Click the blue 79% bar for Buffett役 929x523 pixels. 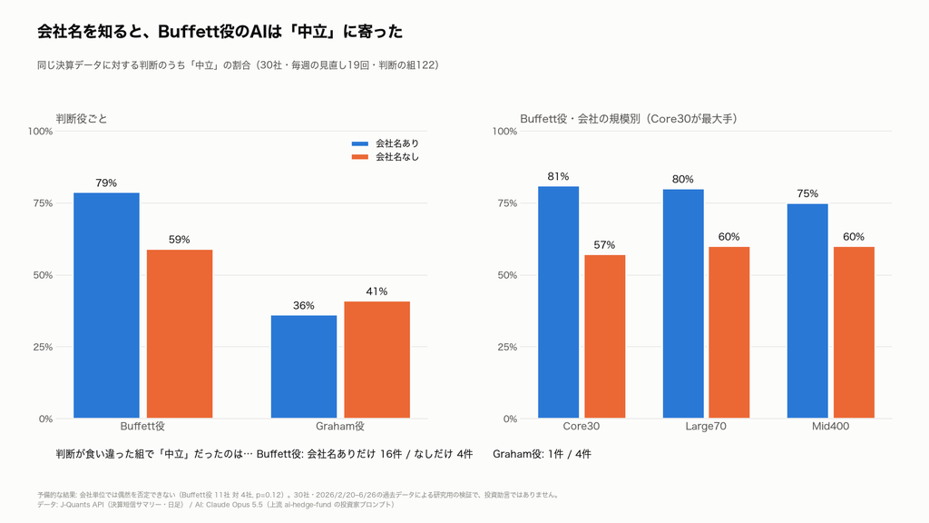tap(107, 305)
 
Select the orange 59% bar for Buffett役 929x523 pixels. tap(180, 334)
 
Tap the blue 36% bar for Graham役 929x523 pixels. tap(304, 367)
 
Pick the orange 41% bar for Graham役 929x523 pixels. tap(376, 360)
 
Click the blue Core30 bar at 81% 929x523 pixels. tap(559, 302)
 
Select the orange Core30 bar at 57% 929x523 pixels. tap(605, 337)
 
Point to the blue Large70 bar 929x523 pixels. tap(683, 304)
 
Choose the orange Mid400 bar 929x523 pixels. tap(854, 332)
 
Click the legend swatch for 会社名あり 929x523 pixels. tap(360, 143)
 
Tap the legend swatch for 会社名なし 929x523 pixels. tap(360, 157)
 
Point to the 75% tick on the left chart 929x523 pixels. tap(43, 203)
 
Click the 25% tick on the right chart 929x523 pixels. tap(507, 347)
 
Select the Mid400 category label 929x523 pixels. tap(831, 427)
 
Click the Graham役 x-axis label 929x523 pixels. tap(340, 427)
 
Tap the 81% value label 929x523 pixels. tap(558, 176)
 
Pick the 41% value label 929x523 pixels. tap(376, 291)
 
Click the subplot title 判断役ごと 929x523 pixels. tap(82, 119)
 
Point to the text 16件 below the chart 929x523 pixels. tap(391, 454)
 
